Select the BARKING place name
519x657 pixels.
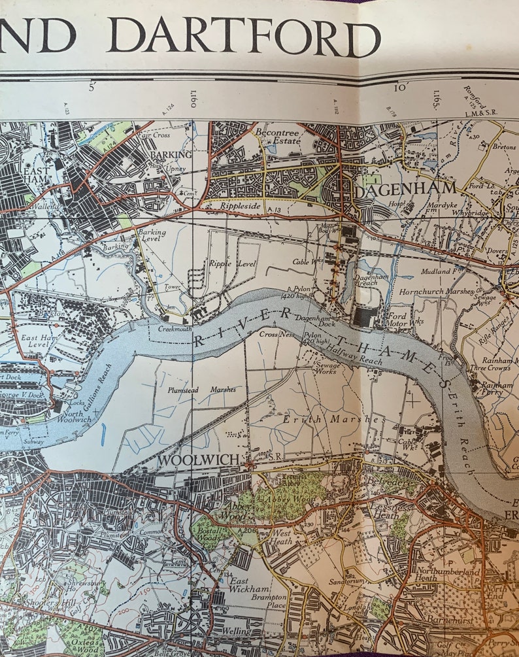[171, 154]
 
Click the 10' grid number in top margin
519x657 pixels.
[401, 87]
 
